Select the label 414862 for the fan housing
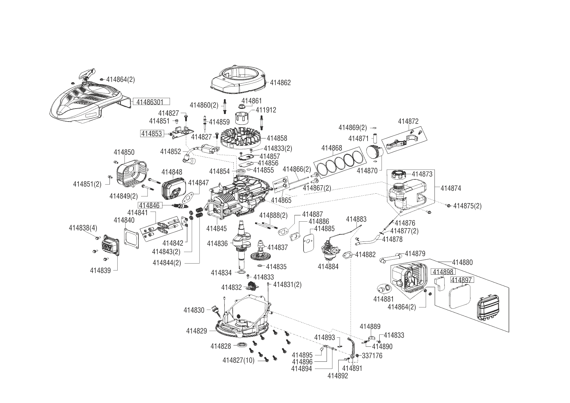click(x=280, y=83)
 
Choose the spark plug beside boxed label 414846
click(x=181, y=205)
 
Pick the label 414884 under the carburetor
click(x=328, y=267)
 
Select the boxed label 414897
click(x=462, y=280)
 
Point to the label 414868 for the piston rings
click(x=331, y=148)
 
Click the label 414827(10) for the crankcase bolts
click(x=239, y=360)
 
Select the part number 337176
click(x=372, y=356)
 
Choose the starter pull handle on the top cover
click(x=88, y=73)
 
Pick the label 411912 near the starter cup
click(x=266, y=110)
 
